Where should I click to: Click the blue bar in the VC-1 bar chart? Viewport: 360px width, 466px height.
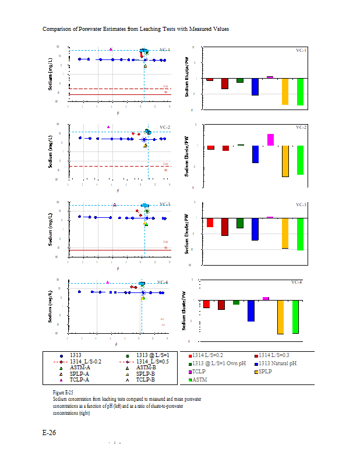point(255,87)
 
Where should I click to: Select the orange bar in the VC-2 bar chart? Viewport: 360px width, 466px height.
point(285,161)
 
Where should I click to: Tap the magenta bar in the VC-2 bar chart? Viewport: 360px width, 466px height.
point(270,140)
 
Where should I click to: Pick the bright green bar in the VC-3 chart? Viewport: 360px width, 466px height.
point(301,234)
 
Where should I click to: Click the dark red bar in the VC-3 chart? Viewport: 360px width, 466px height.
point(224,227)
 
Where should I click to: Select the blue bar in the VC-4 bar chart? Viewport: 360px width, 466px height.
point(251,310)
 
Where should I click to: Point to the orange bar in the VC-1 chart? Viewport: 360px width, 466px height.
point(285,91)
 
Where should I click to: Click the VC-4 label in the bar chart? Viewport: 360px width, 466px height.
point(297,282)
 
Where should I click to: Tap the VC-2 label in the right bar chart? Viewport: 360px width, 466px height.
point(301,127)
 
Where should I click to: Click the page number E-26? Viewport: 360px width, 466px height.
point(49,433)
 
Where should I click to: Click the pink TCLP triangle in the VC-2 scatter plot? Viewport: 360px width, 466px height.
point(108,126)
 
